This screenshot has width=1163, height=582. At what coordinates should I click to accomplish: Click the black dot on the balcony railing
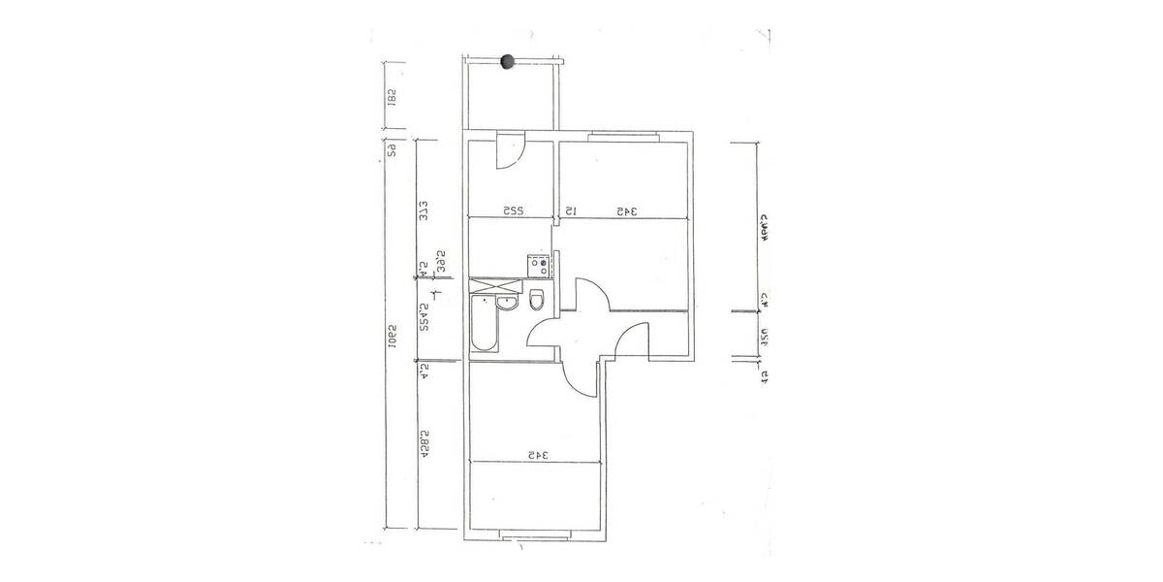(x=506, y=62)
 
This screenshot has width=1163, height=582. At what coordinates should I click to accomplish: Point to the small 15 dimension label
(x=571, y=210)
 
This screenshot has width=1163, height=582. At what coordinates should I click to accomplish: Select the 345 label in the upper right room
(x=625, y=210)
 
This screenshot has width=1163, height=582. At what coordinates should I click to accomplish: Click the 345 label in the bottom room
(x=538, y=454)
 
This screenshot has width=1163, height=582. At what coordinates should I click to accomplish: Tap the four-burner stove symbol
(x=538, y=263)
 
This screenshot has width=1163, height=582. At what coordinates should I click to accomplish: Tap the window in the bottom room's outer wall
(x=538, y=534)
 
